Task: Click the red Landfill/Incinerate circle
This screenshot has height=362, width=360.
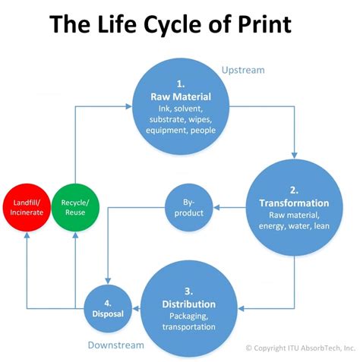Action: tap(27, 207)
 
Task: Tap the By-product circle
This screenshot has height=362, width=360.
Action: tap(188, 208)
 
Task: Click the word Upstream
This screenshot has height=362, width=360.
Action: tap(243, 70)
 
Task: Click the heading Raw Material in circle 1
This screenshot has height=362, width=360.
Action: tap(182, 97)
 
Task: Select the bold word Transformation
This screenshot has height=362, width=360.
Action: tap(293, 203)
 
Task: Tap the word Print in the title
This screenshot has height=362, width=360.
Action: tap(255, 25)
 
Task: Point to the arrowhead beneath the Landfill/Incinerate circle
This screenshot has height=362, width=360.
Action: tap(27, 237)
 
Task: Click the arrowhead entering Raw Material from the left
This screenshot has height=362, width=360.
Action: tap(130, 107)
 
